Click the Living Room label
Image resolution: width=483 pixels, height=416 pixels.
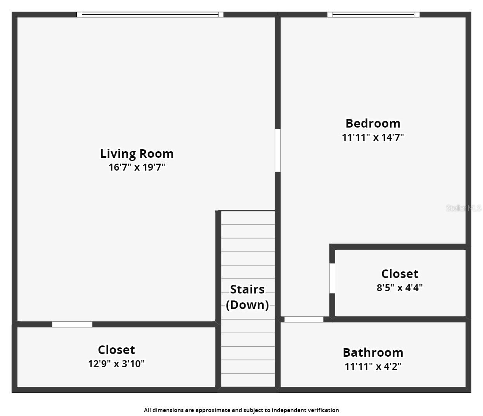137,154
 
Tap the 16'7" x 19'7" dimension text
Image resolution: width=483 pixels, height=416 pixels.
137,167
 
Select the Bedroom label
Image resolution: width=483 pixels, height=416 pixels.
373,123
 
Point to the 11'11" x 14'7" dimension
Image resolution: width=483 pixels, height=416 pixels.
373,137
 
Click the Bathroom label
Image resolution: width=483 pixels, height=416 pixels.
373,352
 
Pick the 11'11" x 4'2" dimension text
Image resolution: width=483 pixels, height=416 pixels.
373,366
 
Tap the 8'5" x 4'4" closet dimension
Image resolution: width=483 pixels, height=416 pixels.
400,288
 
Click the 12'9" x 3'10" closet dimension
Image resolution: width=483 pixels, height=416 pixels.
116,364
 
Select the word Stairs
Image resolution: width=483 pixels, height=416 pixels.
247,289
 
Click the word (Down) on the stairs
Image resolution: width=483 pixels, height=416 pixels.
247,305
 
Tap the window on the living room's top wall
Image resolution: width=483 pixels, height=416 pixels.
150,14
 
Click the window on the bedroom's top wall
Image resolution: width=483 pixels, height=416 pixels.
373,14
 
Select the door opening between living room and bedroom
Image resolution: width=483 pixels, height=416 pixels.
278,150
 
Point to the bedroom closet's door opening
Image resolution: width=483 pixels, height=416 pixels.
332,278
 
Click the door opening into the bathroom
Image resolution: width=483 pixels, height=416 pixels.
304,319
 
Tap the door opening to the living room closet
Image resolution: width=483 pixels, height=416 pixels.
72,325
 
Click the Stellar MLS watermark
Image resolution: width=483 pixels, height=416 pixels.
464,208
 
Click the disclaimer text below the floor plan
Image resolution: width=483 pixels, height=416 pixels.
241,410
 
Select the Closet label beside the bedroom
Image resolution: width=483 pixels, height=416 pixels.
400,274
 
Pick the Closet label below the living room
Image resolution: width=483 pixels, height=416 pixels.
116,350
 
